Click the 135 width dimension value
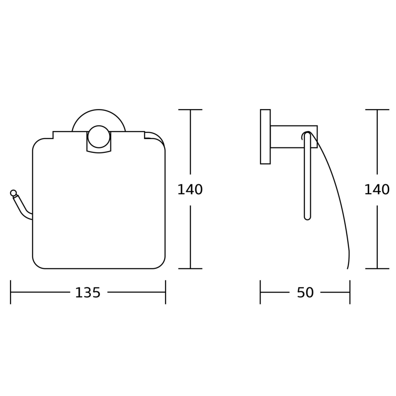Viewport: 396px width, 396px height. [88, 293]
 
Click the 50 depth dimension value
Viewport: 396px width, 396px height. [305, 293]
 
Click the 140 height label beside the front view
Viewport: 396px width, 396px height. [190, 190]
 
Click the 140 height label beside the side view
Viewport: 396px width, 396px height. [376, 190]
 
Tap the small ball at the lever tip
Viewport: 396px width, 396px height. [13, 193]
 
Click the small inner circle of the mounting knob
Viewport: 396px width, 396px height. [99, 137]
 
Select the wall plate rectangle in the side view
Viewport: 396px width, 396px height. [265, 136]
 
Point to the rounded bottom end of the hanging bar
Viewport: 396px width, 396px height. [307, 217]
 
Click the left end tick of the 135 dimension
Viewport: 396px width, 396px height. [10, 292]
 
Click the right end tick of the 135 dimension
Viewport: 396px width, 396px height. [166, 292]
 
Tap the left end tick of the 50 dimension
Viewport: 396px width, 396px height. [261, 292]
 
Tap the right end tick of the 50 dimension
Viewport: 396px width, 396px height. [350, 292]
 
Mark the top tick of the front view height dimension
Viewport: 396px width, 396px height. [190, 109]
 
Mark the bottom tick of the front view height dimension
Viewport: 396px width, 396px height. [190, 268]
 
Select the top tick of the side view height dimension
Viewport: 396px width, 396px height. [377, 109]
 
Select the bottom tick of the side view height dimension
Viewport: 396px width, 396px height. [377, 268]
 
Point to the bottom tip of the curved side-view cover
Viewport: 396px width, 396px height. [348, 267]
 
